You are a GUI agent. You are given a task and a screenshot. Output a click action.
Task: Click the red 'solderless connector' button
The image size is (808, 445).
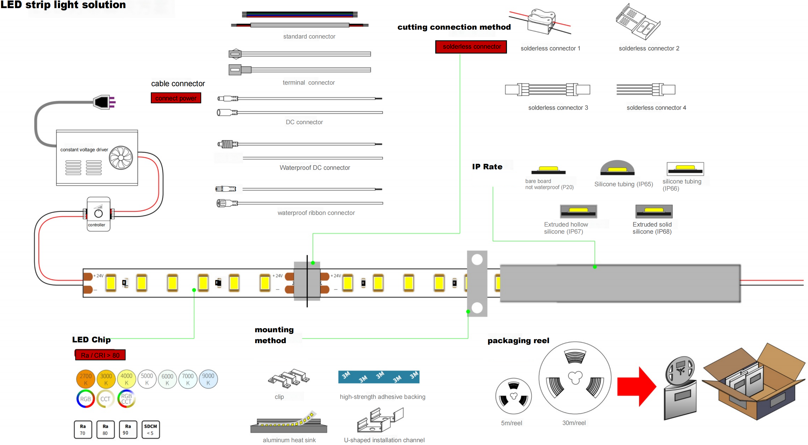[471, 47]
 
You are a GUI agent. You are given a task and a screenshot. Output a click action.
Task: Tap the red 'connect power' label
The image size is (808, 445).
[176, 98]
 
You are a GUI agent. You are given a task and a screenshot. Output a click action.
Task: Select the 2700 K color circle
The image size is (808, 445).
[86, 379]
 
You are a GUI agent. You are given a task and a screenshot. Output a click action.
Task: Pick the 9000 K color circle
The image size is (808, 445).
[208, 379]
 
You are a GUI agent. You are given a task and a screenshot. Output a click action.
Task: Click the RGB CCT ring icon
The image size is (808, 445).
[126, 399]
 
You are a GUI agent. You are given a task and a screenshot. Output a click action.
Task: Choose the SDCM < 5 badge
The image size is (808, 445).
[150, 429]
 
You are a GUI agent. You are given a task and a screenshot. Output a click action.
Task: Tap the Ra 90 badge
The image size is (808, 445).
[128, 429]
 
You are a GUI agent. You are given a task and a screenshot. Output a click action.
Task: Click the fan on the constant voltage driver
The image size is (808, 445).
[121, 158]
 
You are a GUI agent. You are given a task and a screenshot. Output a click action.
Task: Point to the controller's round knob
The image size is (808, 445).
[98, 214]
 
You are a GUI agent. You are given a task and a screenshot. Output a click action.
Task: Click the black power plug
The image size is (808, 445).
[102, 102]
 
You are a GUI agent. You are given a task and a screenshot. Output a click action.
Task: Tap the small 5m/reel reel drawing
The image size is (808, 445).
[513, 396]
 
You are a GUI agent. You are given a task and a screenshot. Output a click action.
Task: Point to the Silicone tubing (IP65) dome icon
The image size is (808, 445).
[617, 168]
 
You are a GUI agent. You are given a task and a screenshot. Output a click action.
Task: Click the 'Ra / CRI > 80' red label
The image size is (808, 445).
[100, 355]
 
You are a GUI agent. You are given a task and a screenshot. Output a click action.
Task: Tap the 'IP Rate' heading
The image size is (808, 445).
[487, 167]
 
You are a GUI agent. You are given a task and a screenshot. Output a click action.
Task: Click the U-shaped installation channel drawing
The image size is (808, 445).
[380, 420]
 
